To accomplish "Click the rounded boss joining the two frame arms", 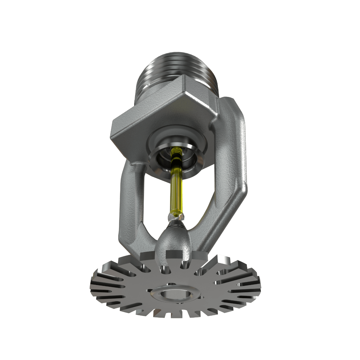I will point(172,240).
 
